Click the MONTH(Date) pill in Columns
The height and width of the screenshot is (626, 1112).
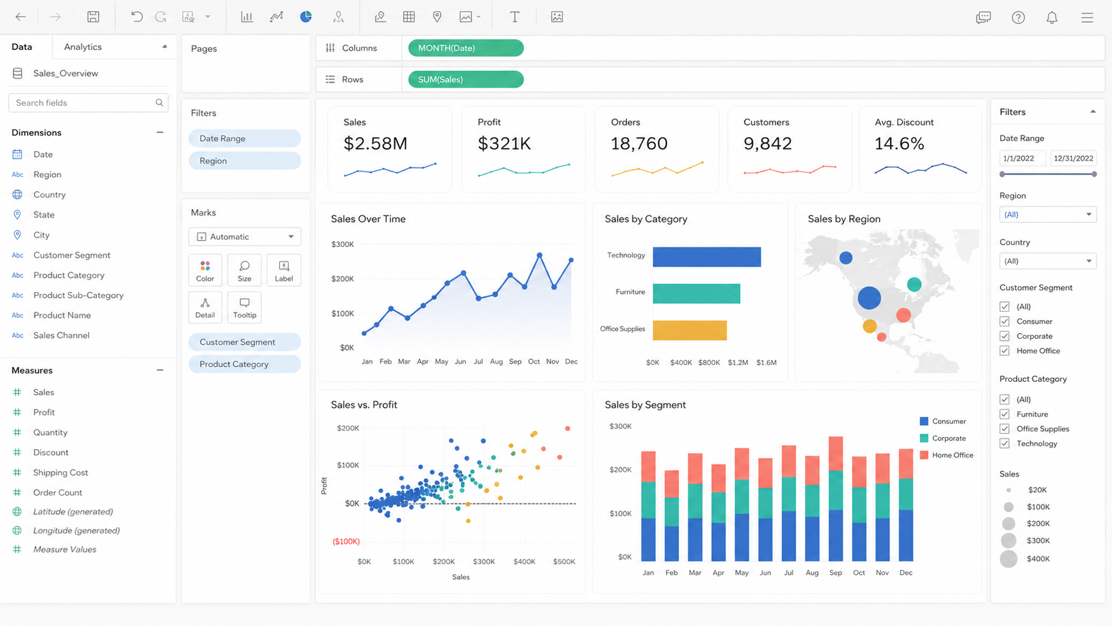click(x=466, y=48)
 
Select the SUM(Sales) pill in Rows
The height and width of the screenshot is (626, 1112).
click(x=466, y=79)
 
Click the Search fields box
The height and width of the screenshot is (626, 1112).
click(x=88, y=102)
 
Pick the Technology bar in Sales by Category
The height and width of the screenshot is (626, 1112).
click(x=706, y=257)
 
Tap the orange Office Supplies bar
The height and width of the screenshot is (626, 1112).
click(x=690, y=330)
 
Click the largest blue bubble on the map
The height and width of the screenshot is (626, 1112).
click(x=869, y=298)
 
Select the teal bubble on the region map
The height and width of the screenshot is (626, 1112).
click(x=914, y=285)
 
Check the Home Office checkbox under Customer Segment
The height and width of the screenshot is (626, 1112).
click(x=1005, y=351)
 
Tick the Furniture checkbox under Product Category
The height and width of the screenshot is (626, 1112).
click(x=1005, y=414)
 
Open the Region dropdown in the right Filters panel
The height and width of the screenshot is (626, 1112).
click(x=1047, y=214)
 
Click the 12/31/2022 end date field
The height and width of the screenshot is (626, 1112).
click(x=1073, y=158)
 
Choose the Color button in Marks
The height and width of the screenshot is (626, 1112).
click(x=205, y=271)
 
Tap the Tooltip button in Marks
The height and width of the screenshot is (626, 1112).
click(x=244, y=307)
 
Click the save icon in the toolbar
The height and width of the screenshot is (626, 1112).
click(x=93, y=17)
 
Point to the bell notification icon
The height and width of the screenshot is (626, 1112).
click(x=1052, y=17)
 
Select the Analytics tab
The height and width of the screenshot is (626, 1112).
click(x=83, y=47)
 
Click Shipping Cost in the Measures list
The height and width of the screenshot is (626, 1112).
click(x=61, y=472)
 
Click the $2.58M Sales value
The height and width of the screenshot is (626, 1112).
click(x=375, y=144)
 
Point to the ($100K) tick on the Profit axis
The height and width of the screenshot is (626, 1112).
click(x=346, y=541)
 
